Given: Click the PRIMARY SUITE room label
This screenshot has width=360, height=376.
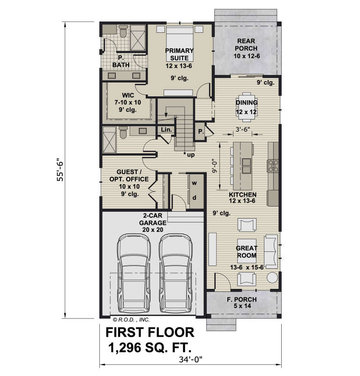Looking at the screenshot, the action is point(179,54).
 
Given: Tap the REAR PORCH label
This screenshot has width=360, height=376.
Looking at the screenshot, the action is point(246,44).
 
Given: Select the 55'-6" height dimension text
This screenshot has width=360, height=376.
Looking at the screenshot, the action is point(60,170).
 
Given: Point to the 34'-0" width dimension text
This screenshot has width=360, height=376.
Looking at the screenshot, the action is point(191,360).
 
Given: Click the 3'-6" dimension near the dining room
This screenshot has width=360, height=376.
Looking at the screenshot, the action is point(243,129).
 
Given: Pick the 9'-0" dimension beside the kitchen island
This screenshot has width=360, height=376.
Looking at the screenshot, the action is point(214,167).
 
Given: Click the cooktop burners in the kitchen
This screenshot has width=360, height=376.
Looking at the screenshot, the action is point(273,166).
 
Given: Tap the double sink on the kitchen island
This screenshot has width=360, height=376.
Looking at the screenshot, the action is point(246,166).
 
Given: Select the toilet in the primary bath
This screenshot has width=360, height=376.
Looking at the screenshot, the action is point(123,32).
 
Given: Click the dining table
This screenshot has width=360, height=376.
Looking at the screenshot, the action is point(247,107).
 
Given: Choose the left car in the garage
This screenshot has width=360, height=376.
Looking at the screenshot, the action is point(134,273).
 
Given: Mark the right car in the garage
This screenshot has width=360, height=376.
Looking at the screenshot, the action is point(176,273).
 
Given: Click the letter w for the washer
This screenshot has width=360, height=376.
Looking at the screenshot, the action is point(195,184).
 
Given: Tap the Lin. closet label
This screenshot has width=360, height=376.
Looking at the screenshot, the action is point(166,130).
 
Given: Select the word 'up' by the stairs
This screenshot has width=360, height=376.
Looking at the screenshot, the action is point(191,155).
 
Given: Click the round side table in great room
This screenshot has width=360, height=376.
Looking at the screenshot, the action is point(272,278).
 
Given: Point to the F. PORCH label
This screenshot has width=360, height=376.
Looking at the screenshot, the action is point(242,302).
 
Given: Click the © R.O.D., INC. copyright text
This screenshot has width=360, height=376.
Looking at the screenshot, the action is point(131,320).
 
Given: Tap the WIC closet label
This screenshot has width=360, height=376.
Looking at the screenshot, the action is point(127,103).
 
